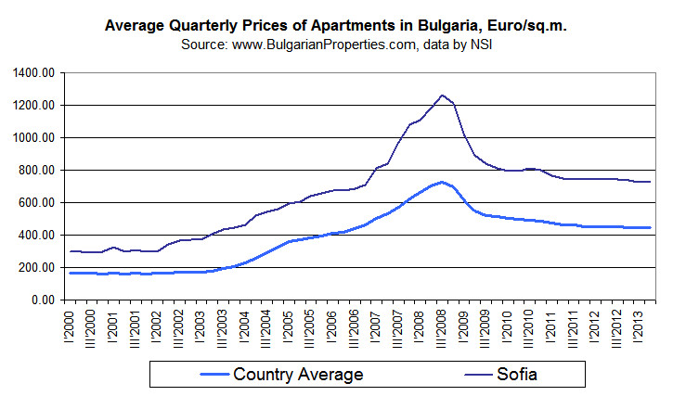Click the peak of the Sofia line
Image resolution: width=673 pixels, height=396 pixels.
pos(443,95)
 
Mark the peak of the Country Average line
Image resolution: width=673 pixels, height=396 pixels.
pos(443,182)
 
